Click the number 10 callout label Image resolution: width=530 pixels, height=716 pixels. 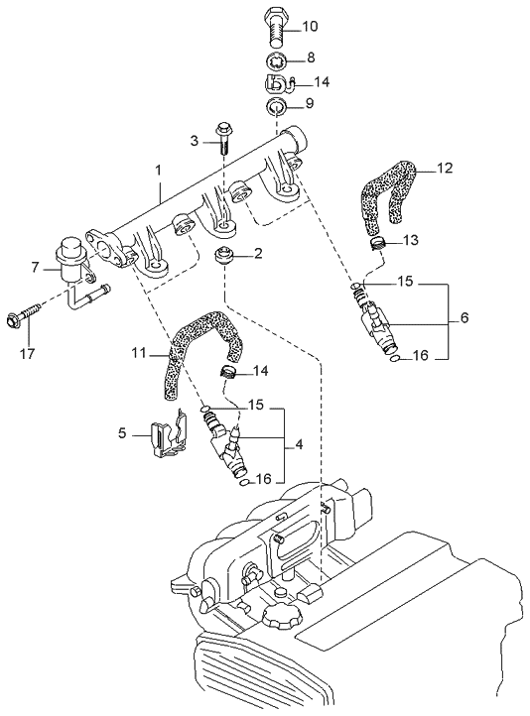tap(310, 25)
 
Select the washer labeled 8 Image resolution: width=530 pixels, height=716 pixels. tap(278, 59)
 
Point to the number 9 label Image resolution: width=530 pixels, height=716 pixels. tap(309, 103)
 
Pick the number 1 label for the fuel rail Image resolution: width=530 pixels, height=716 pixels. tap(158, 171)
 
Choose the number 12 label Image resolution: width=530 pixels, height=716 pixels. tap(445, 168)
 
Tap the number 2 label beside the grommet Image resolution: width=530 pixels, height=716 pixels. tap(258, 253)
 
